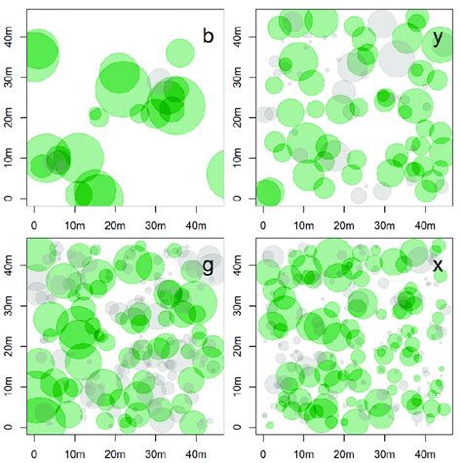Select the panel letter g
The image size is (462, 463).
(x=206, y=265)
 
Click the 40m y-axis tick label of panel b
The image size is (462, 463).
(x=9, y=41)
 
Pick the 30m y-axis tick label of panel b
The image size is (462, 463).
(x=9, y=80)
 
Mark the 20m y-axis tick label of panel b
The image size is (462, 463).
(x=9, y=119)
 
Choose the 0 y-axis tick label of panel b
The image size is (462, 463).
(x=9, y=198)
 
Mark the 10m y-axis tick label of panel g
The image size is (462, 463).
(x=9, y=389)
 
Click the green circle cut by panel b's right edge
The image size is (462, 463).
(x=218, y=176)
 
